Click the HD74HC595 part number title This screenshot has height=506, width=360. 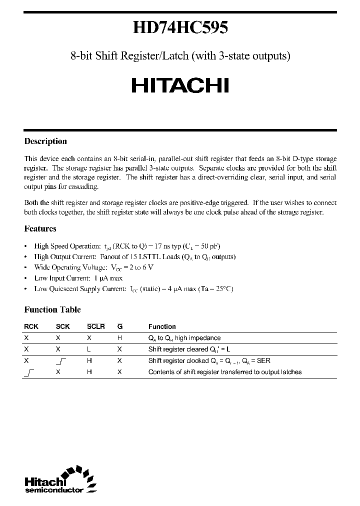point(180,28)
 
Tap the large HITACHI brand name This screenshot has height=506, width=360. point(180,86)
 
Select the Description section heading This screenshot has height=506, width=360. point(45,141)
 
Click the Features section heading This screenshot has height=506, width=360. point(40,229)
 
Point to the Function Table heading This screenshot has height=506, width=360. point(52,310)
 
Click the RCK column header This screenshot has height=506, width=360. point(30,326)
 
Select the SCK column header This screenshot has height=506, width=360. point(62,326)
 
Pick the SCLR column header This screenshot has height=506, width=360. point(95,326)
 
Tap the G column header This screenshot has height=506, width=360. point(119,326)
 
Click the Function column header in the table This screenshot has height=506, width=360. point(162,326)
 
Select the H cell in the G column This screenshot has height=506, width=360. point(119,338)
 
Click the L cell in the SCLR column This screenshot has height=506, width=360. point(88,349)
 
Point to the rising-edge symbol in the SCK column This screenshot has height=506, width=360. point(62,360)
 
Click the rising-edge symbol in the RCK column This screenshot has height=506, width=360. point(28,372)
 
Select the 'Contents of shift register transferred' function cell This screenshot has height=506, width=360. point(225,372)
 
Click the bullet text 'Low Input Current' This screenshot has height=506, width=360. point(78,278)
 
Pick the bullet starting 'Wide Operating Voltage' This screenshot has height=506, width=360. point(93,267)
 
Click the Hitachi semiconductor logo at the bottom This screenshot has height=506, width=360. point(57,480)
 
